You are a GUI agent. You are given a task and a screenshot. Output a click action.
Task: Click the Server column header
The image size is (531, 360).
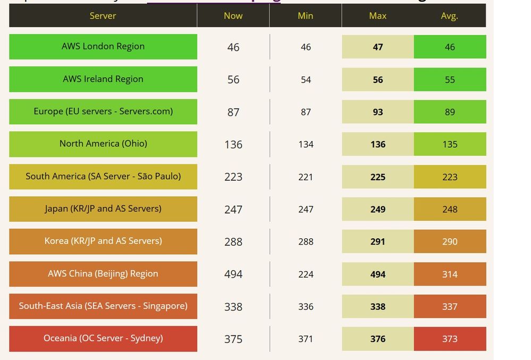(x=103, y=16)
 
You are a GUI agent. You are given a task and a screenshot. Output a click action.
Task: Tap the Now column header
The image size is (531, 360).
(x=233, y=16)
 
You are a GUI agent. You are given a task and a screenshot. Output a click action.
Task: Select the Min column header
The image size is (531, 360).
(x=305, y=16)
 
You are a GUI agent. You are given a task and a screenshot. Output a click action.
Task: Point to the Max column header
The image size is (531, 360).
(x=377, y=16)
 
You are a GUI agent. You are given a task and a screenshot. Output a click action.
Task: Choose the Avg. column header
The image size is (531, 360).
(x=449, y=16)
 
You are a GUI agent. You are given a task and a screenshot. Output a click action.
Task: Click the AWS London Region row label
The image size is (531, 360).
(x=103, y=46)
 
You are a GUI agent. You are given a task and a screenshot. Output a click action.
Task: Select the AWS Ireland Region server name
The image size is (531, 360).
(x=103, y=79)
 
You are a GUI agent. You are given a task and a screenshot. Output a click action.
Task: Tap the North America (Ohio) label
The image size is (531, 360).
(x=103, y=144)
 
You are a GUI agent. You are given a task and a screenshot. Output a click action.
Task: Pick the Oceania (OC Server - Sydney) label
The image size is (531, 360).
(x=103, y=338)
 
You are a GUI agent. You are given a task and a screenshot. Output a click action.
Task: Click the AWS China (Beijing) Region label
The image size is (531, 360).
(x=103, y=274)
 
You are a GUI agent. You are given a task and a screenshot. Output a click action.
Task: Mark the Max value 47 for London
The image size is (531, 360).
(x=378, y=47)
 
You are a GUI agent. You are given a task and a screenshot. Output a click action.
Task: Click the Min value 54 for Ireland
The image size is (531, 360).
(x=306, y=80)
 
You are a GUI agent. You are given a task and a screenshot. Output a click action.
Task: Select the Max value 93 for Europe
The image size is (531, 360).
(x=378, y=112)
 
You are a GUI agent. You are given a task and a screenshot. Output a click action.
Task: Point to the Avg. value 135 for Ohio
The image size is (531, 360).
(x=450, y=144)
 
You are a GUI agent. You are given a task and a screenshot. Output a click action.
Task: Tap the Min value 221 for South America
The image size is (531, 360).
(x=306, y=177)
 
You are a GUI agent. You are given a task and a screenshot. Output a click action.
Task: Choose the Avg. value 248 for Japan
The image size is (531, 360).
(x=450, y=210)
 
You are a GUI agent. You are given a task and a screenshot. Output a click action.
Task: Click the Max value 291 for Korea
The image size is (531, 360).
(x=378, y=241)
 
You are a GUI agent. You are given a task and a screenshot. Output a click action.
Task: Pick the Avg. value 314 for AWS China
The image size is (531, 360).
(x=450, y=274)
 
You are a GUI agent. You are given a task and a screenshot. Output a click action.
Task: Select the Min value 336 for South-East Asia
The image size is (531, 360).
(x=306, y=307)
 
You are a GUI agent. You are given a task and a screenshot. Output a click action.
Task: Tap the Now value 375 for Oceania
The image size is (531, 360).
(x=233, y=339)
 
